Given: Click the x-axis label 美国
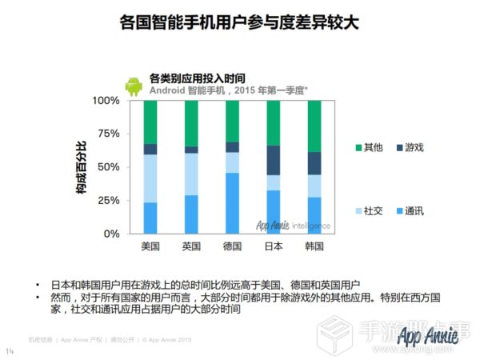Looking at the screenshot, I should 151,246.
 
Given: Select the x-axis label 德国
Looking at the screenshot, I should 232,246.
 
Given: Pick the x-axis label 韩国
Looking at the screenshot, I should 314,246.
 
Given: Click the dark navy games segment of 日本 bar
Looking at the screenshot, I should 273,160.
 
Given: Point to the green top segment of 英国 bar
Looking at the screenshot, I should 191,123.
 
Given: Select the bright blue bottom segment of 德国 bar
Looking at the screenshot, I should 232,203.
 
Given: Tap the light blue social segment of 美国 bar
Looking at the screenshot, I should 150,178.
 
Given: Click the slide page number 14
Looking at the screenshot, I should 10,350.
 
